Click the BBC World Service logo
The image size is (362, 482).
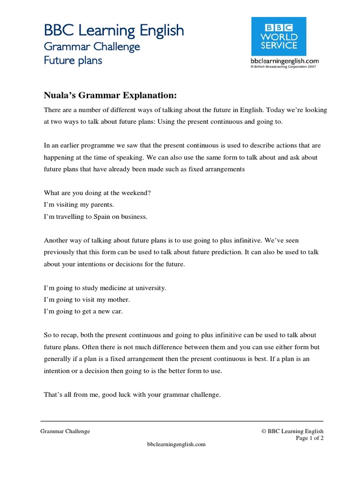click(278, 36)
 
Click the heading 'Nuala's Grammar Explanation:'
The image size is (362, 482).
click(110, 96)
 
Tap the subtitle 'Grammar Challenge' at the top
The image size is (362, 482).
click(92, 47)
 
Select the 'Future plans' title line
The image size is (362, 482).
click(73, 61)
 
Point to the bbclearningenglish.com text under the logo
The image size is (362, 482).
click(284, 61)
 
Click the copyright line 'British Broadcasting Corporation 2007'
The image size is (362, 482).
click(284, 67)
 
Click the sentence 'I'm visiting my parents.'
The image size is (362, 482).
click(79, 205)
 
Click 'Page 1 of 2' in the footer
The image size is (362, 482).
click(309, 438)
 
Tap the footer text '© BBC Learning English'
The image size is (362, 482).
click(292, 431)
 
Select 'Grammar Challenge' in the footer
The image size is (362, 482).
click(65, 431)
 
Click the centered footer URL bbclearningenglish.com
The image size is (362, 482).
click(176, 444)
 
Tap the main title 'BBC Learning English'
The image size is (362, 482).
click(114, 31)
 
